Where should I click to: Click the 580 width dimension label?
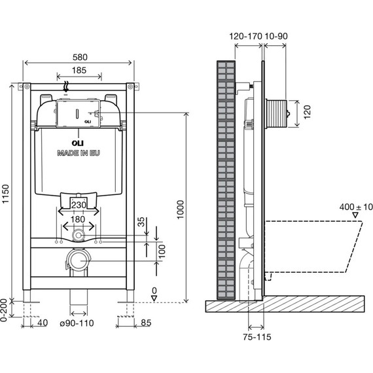80,57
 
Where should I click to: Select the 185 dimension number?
79,71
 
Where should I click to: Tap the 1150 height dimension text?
5,194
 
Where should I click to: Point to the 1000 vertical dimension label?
181,209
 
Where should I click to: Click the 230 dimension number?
79,205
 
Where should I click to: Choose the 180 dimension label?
78,219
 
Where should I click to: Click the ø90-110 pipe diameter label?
77,323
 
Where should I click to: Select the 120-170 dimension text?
245,36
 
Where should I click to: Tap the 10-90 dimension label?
276,36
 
